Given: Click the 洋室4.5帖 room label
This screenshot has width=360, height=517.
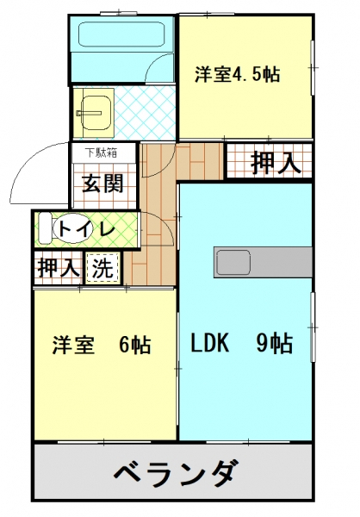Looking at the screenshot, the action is coord(238,74).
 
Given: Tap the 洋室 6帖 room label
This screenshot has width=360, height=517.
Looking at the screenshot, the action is coord(102,345).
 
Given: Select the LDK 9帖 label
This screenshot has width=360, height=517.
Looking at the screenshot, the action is coord(242,343).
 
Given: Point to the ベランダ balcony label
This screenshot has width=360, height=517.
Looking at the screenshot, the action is coord(176,473).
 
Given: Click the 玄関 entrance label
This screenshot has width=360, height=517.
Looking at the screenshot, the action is coord(102,183).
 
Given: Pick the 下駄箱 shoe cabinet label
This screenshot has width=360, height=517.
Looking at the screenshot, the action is coord(101,153).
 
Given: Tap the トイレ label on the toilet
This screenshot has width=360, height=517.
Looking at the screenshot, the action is coord(87,228).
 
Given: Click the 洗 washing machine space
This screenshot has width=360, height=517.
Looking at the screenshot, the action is coord(102,268).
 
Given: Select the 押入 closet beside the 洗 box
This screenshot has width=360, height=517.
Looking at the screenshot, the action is coord(59,268).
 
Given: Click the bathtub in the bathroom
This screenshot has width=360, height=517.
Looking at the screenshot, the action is coord(121,34).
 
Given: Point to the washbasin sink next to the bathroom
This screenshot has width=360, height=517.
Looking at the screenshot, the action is coord(96,113).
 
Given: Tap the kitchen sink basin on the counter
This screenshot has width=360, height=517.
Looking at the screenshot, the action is coord(233,262).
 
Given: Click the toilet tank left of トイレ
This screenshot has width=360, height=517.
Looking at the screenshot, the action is coord(45,228).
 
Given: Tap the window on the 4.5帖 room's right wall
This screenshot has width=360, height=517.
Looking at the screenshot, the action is coord(313,68).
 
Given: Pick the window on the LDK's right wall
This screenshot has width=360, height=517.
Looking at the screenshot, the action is coord(313,327).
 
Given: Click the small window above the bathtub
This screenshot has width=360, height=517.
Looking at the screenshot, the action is coord(118,14).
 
